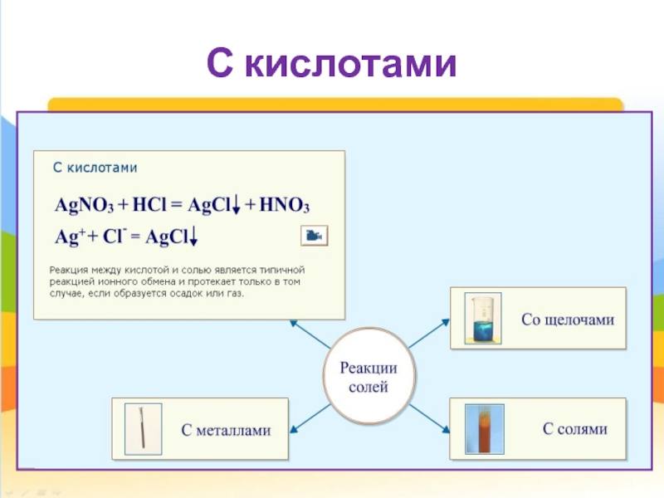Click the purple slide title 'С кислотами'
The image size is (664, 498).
tap(331, 64)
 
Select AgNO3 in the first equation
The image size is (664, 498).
tap(83, 206)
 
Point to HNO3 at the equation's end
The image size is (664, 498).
tap(285, 206)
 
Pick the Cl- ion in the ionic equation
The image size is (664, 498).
tap(115, 237)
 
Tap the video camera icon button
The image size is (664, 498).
tap(314, 236)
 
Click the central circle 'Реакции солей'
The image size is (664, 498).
tap(365, 378)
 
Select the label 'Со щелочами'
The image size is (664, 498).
tap(568, 320)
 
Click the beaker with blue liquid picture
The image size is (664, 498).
tap(480, 320)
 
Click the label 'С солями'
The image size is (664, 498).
tap(574, 429)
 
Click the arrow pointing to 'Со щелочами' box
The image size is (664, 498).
tap(428, 334)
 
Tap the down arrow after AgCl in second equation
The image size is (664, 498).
tap(193, 238)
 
